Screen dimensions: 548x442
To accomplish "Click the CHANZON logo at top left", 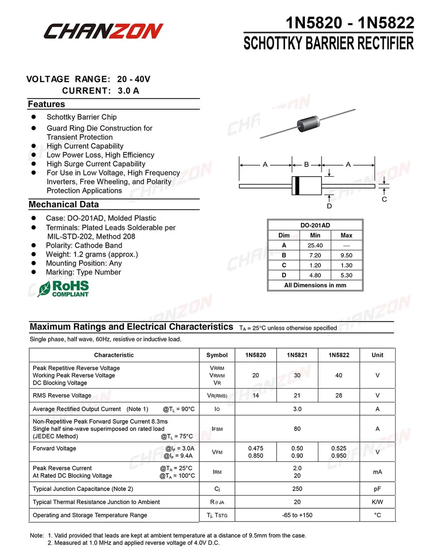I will [x=103, y=31].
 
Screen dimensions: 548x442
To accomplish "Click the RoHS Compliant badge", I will [x=64, y=289].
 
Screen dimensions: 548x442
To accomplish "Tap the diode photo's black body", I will [x=309, y=122].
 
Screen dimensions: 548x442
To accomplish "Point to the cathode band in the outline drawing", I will [x=297, y=186].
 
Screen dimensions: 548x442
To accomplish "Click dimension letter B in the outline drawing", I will [x=306, y=165].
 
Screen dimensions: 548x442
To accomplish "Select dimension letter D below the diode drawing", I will [x=329, y=206].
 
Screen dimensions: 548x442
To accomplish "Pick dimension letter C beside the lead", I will [x=384, y=200].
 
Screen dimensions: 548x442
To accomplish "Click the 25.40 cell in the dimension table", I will [x=315, y=246].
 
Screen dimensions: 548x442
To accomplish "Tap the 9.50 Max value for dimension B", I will [x=346, y=255].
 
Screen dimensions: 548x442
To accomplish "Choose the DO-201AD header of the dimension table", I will [x=315, y=225].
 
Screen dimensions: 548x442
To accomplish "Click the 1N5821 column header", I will [x=297, y=355].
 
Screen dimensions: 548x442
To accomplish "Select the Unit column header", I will [x=377, y=355].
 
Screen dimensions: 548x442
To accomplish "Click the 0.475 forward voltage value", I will [x=255, y=448].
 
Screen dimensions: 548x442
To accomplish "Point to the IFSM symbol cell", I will [x=217, y=429].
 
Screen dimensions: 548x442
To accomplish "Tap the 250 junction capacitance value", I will [x=297, y=489].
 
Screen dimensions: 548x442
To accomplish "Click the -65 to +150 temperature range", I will [x=297, y=515].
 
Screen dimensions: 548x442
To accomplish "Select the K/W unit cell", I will [x=377, y=502].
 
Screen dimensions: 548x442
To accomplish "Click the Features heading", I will [x=46, y=104].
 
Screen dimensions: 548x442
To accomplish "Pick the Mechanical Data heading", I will [x=64, y=204].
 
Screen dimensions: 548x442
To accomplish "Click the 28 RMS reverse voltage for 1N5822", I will [x=339, y=396].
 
